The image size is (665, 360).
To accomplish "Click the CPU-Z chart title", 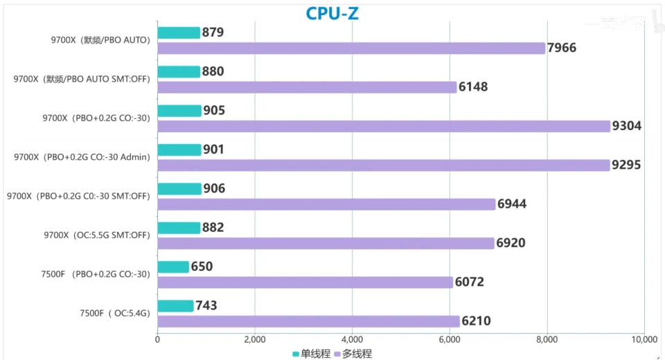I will [x=332, y=13].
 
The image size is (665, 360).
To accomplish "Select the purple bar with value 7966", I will [x=351, y=48].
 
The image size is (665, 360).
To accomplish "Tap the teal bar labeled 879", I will [x=179, y=33].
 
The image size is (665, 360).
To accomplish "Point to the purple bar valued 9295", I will [x=383, y=165].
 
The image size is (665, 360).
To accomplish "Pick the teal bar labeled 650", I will [x=173, y=267].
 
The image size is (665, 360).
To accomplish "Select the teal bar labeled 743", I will [x=175, y=306].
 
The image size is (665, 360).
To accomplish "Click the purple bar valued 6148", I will [x=307, y=87].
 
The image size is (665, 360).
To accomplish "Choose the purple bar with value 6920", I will [x=326, y=243].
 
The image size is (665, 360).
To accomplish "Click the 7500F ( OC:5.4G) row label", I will [x=114, y=314].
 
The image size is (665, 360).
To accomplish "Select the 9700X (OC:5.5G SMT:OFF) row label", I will [x=96, y=235].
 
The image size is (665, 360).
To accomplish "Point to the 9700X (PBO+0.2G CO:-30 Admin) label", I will [x=82, y=157].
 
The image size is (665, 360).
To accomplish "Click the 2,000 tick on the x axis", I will [x=255, y=339].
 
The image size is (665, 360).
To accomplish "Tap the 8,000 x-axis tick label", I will [x=547, y=339].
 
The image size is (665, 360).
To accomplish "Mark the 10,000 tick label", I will [x=644, y=339].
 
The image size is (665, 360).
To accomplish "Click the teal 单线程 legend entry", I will [x=312, y=354].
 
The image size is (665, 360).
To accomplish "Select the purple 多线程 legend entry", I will [x=353, y=354].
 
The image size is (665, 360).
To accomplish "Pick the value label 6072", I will [x=469, y=282].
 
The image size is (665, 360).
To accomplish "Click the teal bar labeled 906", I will [x=179, y=189].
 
